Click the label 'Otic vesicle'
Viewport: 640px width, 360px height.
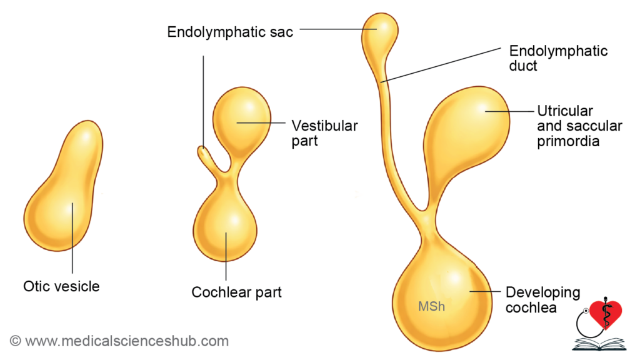[x=61, y=287]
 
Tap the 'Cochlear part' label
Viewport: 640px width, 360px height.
[x=236, y=292]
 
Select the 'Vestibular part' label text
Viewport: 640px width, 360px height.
[x=324, y=133]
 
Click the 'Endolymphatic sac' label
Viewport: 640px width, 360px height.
[x=230, y=32]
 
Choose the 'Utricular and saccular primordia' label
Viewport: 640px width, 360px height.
[x=579, y=126]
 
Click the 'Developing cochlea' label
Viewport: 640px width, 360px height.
[x=542, y=300]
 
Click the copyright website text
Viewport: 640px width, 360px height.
[x=119, y=341]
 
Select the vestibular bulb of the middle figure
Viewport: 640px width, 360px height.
[x=242, y=119]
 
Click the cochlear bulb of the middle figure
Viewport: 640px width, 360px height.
[x=226, y=225]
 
